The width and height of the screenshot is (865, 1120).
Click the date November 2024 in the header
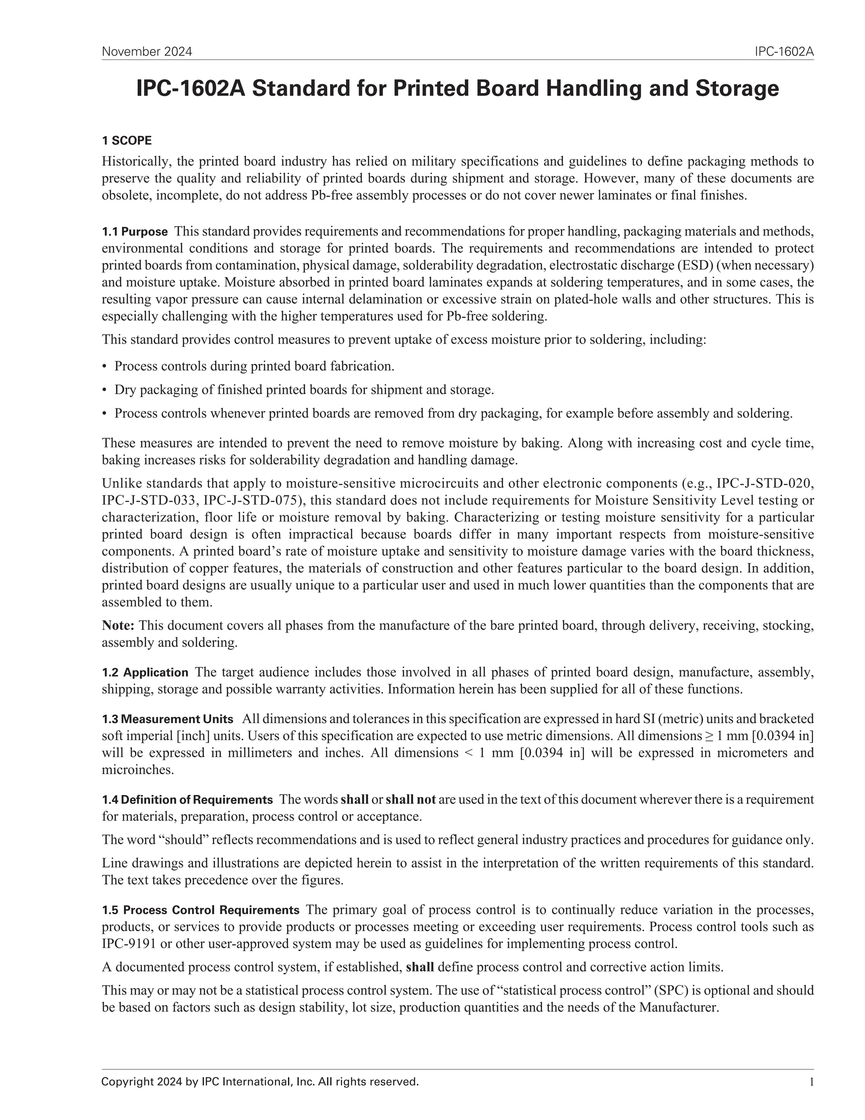pos(147,52)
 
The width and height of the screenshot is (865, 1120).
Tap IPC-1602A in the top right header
pos(783,52)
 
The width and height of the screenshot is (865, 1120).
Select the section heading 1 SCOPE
pos(127,140)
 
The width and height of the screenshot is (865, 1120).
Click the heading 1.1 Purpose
pos(135,232)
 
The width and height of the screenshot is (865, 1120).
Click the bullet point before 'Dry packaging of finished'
pos(105,390)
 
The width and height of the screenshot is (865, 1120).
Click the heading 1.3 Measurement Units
pos(168,719)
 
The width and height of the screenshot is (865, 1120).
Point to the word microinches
pos(138,770)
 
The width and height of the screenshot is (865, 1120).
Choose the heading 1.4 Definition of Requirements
pos(187,800)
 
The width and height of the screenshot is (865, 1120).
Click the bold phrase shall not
pos(411,800)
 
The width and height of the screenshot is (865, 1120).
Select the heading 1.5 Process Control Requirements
pos(200,910)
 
